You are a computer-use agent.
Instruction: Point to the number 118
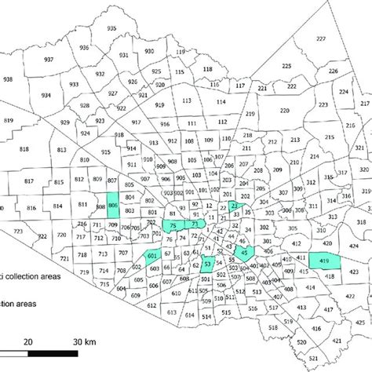tap(207, 70)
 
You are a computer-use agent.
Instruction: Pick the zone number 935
tap(110, 28)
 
